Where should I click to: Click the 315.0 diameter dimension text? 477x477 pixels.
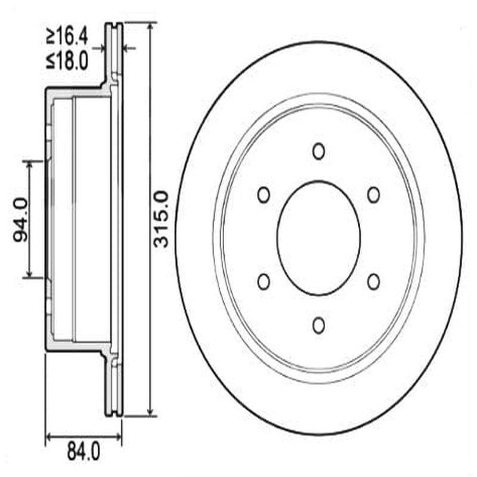coord(160,219)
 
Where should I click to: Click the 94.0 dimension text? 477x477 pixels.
coord(21,219)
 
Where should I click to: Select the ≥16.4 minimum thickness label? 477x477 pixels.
coord(67,37)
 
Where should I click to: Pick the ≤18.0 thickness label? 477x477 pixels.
coord(67,60)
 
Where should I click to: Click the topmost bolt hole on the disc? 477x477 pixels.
coord(319,151)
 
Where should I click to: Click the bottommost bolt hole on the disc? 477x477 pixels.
coord(319,325)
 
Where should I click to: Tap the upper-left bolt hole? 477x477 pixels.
coord(264,194)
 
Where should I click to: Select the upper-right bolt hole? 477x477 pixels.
coord(374,194)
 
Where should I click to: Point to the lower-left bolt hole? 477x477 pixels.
coord(264,281)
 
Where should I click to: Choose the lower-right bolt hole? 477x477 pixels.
coord(374,281)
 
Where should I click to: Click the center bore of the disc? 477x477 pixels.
coord(319,238)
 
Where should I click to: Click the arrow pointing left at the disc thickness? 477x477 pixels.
coord(126,47)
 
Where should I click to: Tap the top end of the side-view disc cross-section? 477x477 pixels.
coord(114,25)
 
